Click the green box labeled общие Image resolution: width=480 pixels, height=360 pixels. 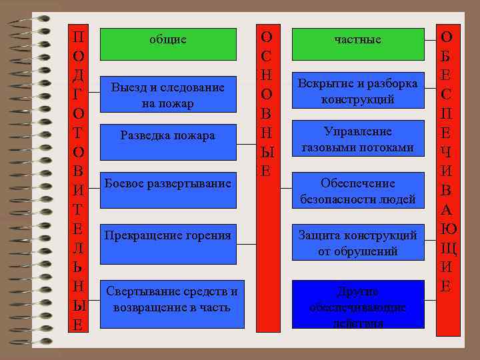(168, 44)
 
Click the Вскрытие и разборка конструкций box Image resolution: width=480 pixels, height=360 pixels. (358, 91)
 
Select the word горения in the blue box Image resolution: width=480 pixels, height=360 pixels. (207, 235)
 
